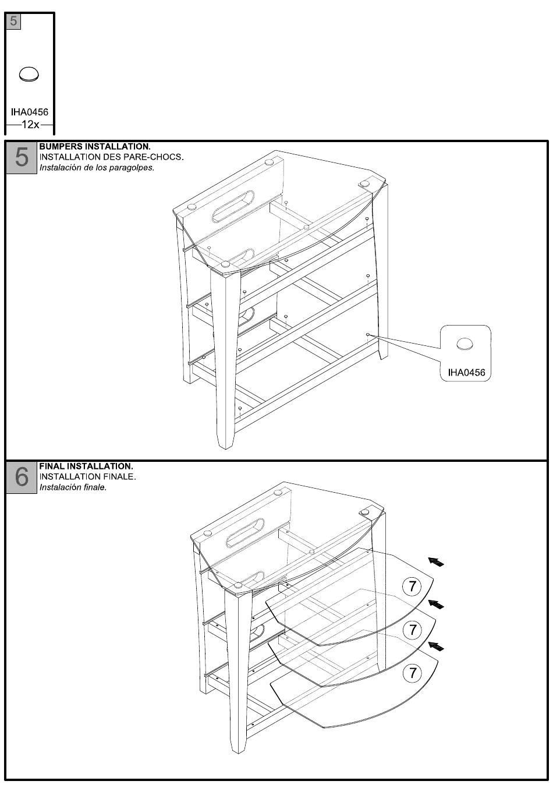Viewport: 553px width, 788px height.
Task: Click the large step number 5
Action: click(22, 157)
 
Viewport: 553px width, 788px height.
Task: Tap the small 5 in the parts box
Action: click(13, 22)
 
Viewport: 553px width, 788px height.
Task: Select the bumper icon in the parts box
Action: click(29, 74)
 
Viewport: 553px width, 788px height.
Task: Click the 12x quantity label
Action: click(29, 125)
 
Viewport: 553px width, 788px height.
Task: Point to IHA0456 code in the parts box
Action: click(30, 112)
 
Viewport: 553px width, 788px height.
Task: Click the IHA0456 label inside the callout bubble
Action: click(466, 372)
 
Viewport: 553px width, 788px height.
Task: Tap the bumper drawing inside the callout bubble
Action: click(465, 344)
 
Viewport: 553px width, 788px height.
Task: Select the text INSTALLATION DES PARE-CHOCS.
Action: click(111, 157)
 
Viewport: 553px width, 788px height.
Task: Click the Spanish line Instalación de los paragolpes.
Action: click(96, 168)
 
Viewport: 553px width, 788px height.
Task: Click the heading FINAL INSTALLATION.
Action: click(86, 467)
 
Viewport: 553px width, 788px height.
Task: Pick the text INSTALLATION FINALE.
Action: click(87, 477)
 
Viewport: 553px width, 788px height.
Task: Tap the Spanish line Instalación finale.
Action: click(72, 487)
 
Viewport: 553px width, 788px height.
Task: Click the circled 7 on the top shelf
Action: click(413, 586)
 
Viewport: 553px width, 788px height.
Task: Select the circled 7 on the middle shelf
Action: click(413, 630)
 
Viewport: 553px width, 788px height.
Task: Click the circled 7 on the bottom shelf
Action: click(413, 673)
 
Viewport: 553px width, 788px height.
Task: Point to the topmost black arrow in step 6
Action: click(436, 561)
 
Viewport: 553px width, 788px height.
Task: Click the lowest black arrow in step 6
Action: click(436, 646)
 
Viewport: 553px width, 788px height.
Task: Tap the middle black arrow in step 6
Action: click(436, 604)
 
